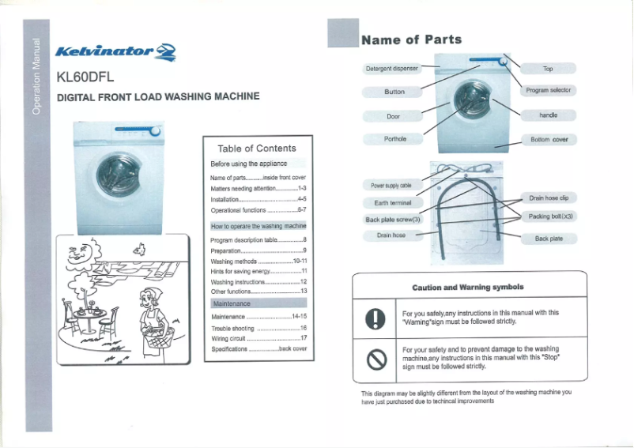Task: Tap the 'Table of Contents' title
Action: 256,148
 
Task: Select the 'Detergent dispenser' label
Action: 391,69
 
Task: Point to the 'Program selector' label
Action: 548,91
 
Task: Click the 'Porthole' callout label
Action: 394,139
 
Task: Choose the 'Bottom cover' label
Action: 549,139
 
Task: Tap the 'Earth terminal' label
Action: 392,202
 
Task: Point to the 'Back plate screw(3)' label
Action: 394,220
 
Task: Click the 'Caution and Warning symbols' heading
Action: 468,288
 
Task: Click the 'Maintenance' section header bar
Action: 258,303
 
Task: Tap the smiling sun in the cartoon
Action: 84,257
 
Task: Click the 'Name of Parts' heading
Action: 411,40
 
